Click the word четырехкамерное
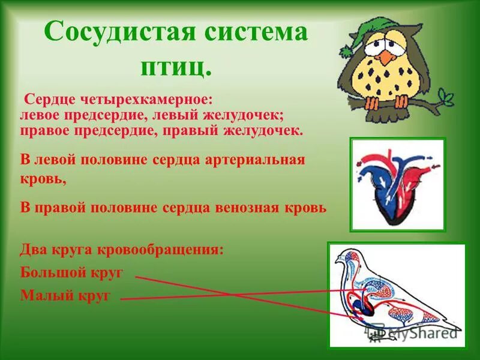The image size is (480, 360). pyautogui.click(x=148, y=98)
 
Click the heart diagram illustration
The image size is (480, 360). pyautogui.click(x=397, y=185)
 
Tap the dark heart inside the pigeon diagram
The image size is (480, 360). pyautogui.click(x=362, y=308)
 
